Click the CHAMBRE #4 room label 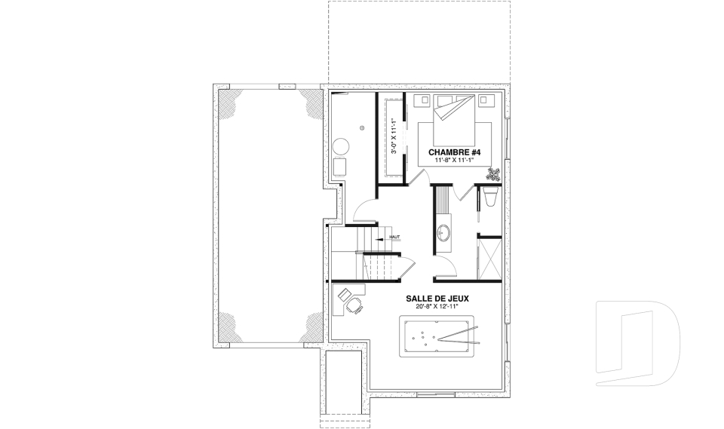(x=454, y=152)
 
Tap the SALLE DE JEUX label (x=437, y=299)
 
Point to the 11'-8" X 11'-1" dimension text (x=454, y=160)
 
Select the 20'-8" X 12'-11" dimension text (x=437, y=307)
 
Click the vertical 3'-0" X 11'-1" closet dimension (x=394, y=136)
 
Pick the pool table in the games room (x=437, y=336)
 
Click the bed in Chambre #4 (x=454, y=120)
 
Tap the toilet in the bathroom (x=491, y=196)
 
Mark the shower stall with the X (x=490, y=258)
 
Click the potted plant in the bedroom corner (x=493, y=175)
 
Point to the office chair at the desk (x=354, y=305)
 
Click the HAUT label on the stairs (x=394, y=237)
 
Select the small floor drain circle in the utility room (x=363, y=127)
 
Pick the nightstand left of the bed (x=423, y=100)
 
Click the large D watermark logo (x=638, y=343)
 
